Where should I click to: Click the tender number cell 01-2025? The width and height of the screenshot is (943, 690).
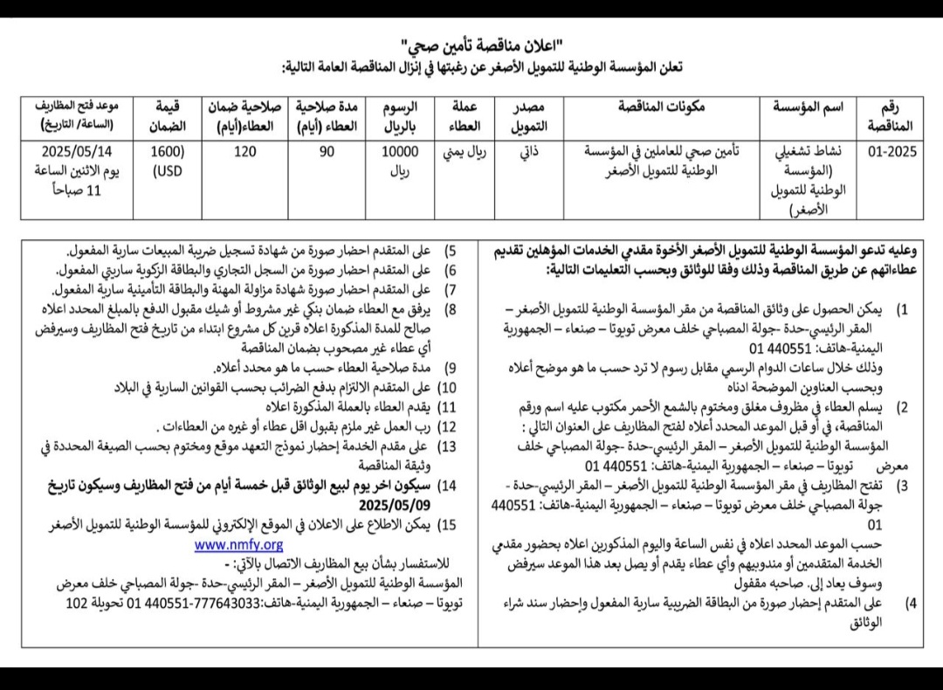click(891, 150)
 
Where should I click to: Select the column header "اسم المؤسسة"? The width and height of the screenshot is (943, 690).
click(809, 107)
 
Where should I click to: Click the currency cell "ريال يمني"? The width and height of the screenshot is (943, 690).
click(467, 150)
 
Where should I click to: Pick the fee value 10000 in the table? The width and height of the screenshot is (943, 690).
click(402, 150)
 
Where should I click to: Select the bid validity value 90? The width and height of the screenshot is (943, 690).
click(327, 150)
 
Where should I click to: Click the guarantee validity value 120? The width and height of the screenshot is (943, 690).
click(245, 150)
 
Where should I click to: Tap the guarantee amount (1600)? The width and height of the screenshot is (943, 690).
click(167, 150)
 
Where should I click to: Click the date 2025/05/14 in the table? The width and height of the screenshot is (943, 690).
click(77, 150)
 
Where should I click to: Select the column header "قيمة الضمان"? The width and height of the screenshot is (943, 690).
click(167, 116)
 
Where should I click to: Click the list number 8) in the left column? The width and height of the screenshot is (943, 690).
click(451, 308)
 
